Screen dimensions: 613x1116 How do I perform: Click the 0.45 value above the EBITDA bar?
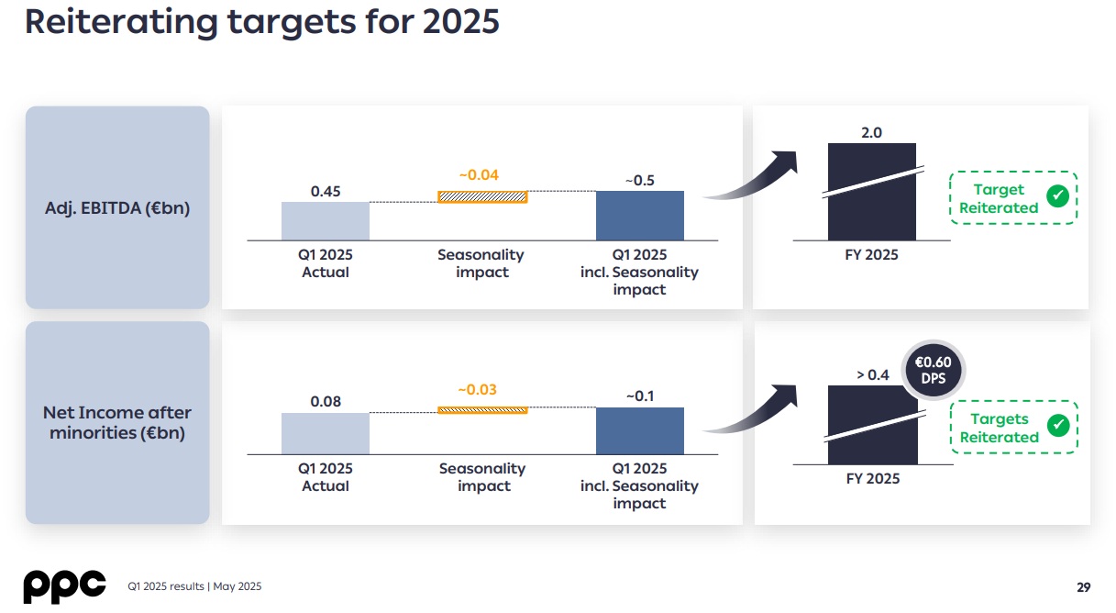click(x=326, y=192)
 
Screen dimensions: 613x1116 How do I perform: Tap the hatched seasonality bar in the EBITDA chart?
click(x=482, y=196)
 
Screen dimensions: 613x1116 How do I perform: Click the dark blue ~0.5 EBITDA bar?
click(x=639, y=216)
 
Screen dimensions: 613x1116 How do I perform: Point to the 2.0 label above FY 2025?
click(x=871, y=133)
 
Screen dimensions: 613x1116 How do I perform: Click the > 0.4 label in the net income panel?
click(x=872, y=375)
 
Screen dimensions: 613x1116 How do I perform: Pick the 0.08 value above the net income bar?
click(x=326, y=402)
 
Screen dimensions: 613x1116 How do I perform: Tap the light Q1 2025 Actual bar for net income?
click(x=326, y=433)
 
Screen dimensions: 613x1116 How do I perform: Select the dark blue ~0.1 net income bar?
click(x=639, y=430)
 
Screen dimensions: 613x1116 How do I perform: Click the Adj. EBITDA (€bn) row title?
click(x=117, y=208)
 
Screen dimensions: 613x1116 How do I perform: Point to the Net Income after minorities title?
click(x=117, y=422)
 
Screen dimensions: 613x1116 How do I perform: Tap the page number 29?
click(x=1083, y=587)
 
